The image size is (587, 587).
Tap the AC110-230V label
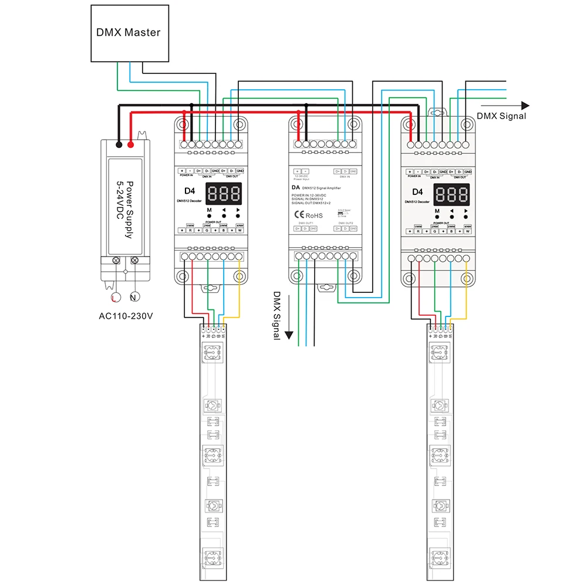point(126,316)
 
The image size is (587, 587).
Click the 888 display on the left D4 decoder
point(224,193)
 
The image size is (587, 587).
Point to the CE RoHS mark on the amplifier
point(308,215)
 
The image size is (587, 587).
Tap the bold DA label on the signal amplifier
point(296,188)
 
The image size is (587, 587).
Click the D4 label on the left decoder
point(189,191)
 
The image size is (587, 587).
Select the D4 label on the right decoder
point(417,191)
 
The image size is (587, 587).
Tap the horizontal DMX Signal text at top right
point(501,116)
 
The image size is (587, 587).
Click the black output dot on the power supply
point(119,144)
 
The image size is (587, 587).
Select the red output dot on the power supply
point(130,144)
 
